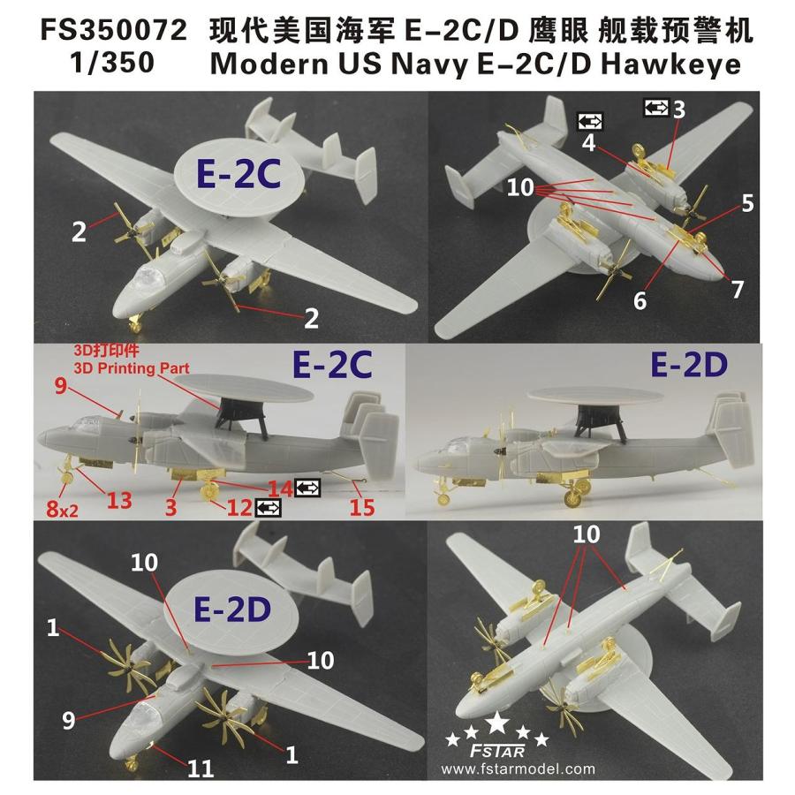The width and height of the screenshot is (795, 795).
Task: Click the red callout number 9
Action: [x=59, y=386]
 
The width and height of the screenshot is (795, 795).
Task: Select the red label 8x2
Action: [x=58, y=505]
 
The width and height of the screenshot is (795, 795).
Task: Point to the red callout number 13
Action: [x=119, y=500]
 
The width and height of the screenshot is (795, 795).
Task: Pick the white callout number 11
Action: [x=201, y=768]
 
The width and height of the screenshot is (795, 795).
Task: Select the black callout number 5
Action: [x=747, y=202]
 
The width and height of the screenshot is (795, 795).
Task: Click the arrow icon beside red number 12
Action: [x=268, y=507]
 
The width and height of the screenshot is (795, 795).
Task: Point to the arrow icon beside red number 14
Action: [x=308, y=487]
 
